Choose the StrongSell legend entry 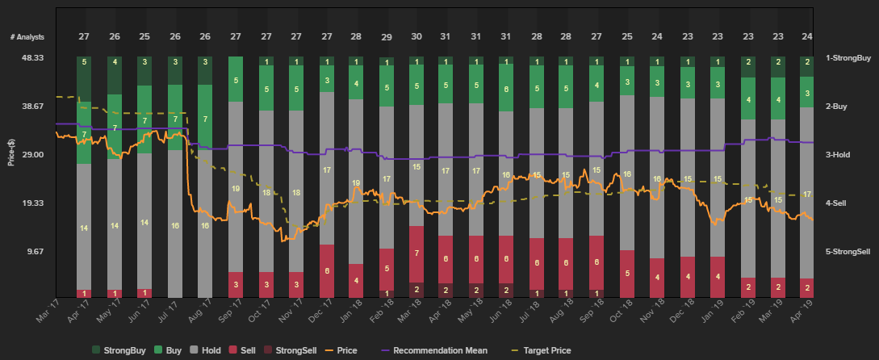pos(295,350)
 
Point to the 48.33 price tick pos(32,58)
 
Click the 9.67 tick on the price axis pos(35,251)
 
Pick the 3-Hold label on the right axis pos(843,154)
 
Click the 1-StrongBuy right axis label pos(848,58)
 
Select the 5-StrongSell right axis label pos(848,251)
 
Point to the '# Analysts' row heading pos(27,37)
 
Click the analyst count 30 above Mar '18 pos(416,37)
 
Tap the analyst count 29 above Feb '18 pos(387,37)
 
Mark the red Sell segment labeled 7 pos(416,253)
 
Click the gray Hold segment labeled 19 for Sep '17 pos(236,188)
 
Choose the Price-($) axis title pos(11,153)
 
